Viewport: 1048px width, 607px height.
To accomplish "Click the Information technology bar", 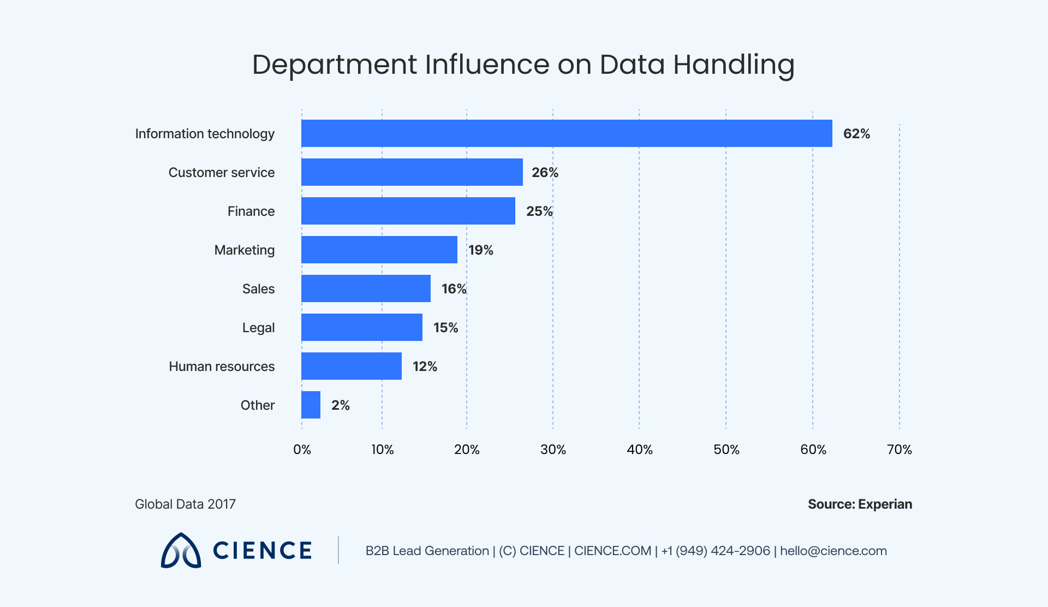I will tap(567, 133).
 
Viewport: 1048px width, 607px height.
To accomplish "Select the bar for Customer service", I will tap(412, 172).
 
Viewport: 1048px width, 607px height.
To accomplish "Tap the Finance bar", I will tap(408, 211).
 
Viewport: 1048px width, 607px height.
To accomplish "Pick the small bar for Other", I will tap(311, 405).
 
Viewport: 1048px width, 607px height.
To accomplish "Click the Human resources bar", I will tap(352, 366).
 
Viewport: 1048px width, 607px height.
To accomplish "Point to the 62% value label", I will tap(856, 134).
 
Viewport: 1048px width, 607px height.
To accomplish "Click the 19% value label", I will tap(481, 250).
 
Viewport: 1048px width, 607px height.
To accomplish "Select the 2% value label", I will tap(340, 405).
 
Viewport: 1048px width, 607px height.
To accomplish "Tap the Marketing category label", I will tap(244, 250).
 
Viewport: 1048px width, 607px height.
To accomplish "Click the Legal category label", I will tap(258, 328).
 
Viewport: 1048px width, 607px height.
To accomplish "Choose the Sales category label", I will tap(258, 289).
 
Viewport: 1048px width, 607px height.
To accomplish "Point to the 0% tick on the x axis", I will tap(302, 450).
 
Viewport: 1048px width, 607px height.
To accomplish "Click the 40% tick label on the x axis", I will tap(639, 450).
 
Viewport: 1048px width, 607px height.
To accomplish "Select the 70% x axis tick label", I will tap(899, 450).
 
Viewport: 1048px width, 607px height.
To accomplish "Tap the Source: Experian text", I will tap(860, 504).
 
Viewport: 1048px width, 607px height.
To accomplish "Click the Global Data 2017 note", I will tap(185, 504).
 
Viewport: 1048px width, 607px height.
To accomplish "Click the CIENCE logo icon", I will tap(181, 551).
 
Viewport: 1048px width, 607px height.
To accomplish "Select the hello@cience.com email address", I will tap(833, 551).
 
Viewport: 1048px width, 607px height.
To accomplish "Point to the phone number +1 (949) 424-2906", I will tap(715, 551).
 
